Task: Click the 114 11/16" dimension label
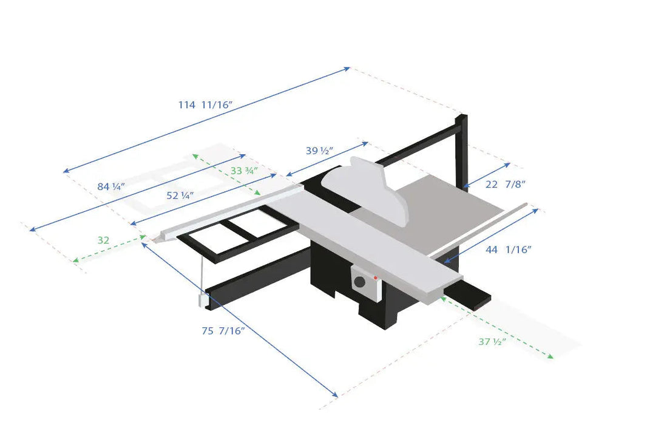pos(206,105)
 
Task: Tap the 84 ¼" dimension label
pos(110,187)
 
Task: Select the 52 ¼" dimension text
pos(180,196)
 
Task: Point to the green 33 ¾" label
pos(244,171)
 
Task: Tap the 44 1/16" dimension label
pos(508,250)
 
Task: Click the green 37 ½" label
pos(492,342)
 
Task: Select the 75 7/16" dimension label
pos(223,331)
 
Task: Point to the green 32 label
pos(103,240)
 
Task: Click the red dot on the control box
pos(376,277)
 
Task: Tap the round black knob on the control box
pos(361,282)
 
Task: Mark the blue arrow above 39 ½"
pos(327,160)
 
